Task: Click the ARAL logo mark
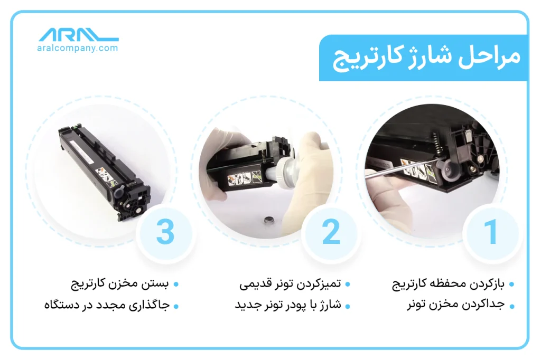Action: click(79, 35)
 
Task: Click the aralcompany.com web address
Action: click(78, 48)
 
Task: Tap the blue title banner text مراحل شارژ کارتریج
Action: click(426, 58)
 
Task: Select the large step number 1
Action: click(491, 232)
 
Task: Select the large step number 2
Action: click(331, 232)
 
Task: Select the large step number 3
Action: click(165, 232)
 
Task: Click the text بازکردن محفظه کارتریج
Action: click(448, 285)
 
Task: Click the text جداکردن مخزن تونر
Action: click(456, 305)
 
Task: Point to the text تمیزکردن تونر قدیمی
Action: click(290, 284)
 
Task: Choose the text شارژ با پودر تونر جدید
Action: click(288, 305)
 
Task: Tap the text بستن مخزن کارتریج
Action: click(120, 285)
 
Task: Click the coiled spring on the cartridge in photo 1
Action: click(436, 143)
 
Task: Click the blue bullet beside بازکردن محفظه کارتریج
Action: click(511, 285)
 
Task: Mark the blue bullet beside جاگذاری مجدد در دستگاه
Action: click(176, 306)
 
